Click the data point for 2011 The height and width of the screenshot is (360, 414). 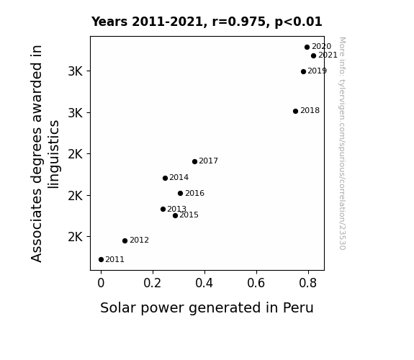pos(101,260)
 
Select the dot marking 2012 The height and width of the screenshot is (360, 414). pos(125,240)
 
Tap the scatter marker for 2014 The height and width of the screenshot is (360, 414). pos(166,179)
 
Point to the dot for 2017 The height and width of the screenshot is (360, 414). pos(194,162)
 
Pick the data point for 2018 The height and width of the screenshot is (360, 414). pos(295,111)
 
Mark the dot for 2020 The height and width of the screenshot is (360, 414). pos(307,48)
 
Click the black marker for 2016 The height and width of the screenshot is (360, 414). pos(180,194)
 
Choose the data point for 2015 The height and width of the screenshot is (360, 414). pos(175,215)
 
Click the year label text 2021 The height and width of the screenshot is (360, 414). pos(328,55)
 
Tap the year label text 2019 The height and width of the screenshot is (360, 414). pos(317,71)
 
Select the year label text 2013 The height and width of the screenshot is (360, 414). pos(176,209)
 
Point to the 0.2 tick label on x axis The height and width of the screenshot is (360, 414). pos(153,283)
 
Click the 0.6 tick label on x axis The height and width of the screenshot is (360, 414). pos(256,283)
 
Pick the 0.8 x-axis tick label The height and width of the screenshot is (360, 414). pos(308,283)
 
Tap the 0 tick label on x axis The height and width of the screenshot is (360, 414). pos(101,283)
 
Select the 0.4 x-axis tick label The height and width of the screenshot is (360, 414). pos(204,283)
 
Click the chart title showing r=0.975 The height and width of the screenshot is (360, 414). pos(207,22)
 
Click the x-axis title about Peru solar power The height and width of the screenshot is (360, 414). pos(207,308)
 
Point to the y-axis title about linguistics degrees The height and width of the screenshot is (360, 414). pos(45,153)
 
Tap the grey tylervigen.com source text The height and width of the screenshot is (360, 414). pos(342,143)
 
